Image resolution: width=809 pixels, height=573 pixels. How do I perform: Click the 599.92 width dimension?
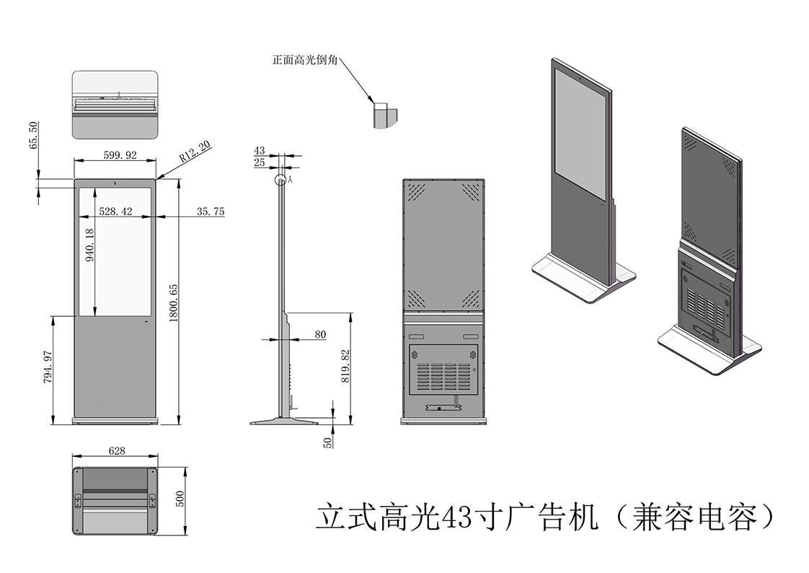coord(115,155)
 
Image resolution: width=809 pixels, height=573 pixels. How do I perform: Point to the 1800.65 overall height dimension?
coord(174,302)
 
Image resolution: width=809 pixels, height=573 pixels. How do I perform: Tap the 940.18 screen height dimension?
coord(90,247)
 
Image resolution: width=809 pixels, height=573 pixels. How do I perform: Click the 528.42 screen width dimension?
coord(115,211)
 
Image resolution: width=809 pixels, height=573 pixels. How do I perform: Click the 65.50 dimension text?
coord(33,135)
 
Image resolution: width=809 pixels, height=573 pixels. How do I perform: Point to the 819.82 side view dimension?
coord(345,366)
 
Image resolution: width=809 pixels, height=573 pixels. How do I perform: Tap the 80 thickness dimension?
coord(320,334)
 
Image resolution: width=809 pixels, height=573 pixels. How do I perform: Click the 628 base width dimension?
coord(117,450)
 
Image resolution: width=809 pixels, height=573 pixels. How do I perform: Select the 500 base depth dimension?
coord(181,499)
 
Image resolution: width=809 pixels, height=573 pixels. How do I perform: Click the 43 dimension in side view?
coord(260,151)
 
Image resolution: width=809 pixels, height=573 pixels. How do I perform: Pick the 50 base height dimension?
coord(328,442)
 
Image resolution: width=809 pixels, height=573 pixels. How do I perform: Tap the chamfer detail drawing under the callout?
coord(384,114)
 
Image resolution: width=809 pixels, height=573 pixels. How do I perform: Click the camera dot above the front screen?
coord(115,183)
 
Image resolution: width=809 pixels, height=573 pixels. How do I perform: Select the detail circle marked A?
coord(280,180)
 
